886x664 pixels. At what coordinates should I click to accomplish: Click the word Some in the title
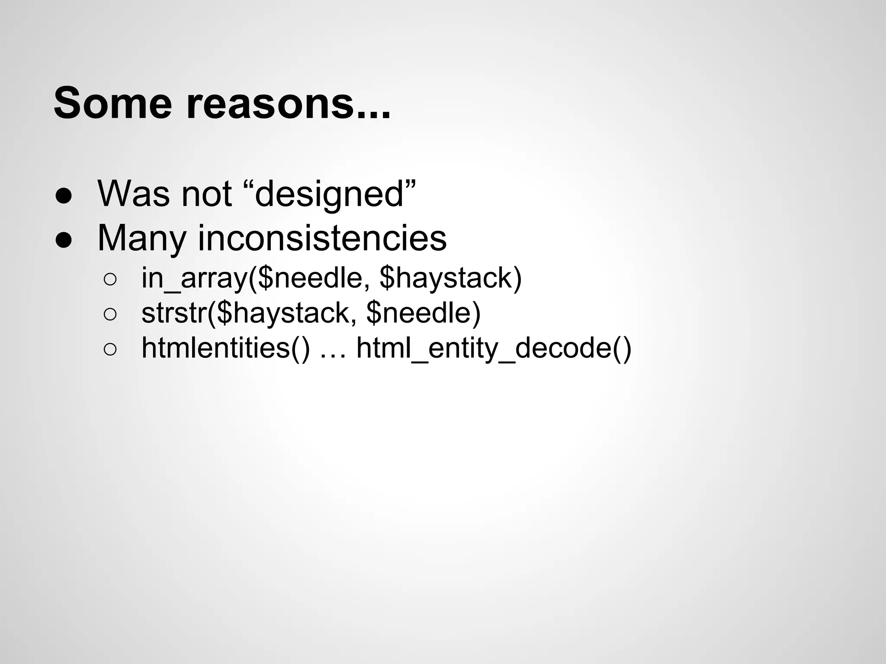pyautogui.click(x=113, y=103)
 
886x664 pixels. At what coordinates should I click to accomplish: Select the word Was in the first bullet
pyautogui.click(x=134, y=194)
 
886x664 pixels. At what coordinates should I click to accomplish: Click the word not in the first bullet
pyautogui.click(x=206, y=194)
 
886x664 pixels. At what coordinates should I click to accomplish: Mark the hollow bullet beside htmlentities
pyautogui.click(x=110, y=350)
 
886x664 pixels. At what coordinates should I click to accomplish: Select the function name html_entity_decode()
pyautogui.click(x=494, y=348)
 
